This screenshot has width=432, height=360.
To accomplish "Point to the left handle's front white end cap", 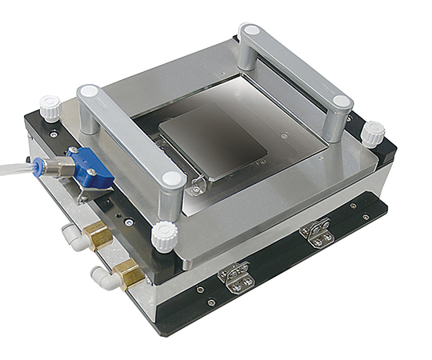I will (x=170, y=181).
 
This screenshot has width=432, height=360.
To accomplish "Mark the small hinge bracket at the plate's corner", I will (x=195, y=186).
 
